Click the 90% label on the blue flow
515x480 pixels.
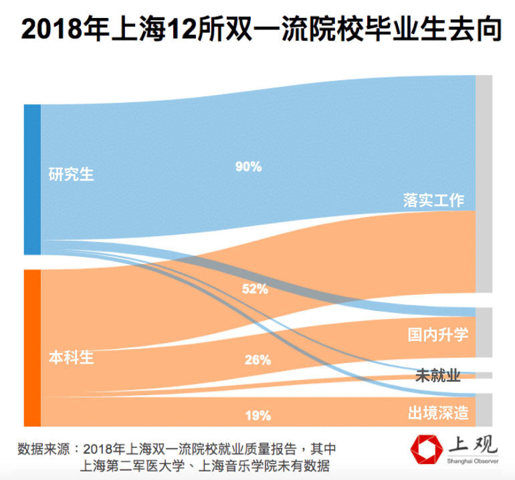point(248,167)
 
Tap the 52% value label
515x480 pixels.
point(255,289)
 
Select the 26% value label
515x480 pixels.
point(257,360)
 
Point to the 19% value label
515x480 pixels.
point(257,416)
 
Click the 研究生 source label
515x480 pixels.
point(72,175)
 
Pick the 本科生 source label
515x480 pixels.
point(72,358)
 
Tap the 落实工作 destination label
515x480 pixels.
point(434,200)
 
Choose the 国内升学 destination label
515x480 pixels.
point(438,334)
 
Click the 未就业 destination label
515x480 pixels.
point(438,376)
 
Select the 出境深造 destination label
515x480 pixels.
point(438,413)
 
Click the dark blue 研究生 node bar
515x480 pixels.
point(32,179)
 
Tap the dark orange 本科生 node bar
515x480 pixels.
point(32,348)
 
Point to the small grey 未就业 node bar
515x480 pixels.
point(484,375)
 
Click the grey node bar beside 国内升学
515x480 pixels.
point(484,332)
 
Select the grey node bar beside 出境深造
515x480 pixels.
point(484,409)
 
